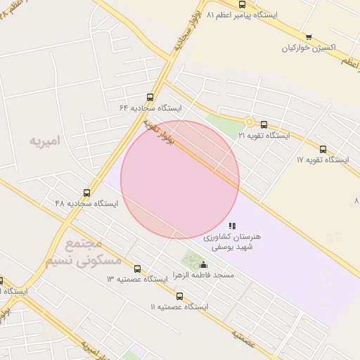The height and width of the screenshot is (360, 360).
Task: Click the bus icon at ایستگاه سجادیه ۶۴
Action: click(x=150, y=98)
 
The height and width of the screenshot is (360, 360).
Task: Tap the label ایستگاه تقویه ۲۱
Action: click(x=264, y=135)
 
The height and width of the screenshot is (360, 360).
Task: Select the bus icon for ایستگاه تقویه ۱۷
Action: click(x=323, y=149)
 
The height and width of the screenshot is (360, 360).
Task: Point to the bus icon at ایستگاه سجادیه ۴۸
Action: click(x=87, y=193)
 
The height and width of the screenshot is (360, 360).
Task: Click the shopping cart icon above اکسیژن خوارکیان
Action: click(x=309, y=37)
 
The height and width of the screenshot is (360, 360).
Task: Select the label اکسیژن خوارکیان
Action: click(x=309, y=49)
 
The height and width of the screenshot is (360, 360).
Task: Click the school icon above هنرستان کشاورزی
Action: click(x=232, y=225)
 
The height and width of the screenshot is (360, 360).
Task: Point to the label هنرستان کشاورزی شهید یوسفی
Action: click(x=232, y=242)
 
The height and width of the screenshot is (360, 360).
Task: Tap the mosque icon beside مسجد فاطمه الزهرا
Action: click(x=204, y=265)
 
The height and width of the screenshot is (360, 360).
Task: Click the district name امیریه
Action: click(x=45, y=141)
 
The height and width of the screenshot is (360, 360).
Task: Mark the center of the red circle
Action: click(x=180, y=179)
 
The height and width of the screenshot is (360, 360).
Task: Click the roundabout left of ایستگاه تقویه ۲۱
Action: click(x=249, y=122)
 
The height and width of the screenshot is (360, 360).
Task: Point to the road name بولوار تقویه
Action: click(x=160, y=134)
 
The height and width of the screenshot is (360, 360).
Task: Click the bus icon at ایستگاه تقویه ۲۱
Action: click(x=264, y=124)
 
